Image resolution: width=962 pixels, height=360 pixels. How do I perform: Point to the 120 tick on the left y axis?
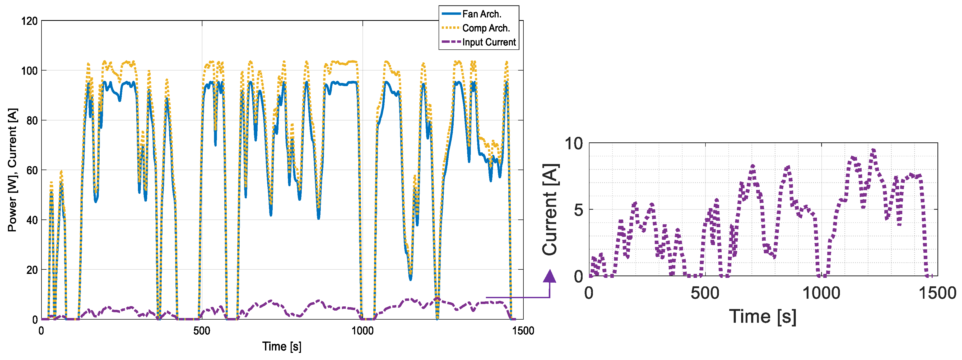point(30,21)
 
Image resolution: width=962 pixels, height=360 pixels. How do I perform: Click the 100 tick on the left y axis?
point(30,71)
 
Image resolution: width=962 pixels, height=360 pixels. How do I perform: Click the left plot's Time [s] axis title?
point(282,347)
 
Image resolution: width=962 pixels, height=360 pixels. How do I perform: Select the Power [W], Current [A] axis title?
point(12,170)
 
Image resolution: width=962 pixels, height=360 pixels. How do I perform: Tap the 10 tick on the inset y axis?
point(574,143)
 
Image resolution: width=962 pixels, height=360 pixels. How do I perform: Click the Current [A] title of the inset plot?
point(550,210)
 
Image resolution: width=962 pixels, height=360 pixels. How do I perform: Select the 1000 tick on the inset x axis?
point(821,293)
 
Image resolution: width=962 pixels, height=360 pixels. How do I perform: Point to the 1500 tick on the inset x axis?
point(937,293)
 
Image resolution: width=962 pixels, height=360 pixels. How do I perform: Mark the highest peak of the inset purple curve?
point(873,150)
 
